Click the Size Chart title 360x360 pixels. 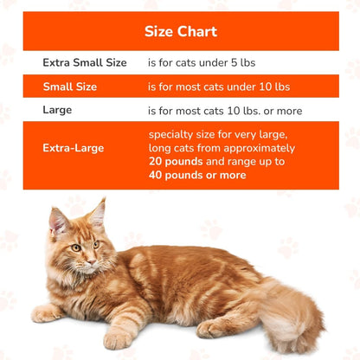(180, 32)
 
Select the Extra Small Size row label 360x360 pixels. (85, 62)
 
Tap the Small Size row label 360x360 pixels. (70, 87)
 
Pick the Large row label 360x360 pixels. (58, 110)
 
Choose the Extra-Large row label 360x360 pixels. (73, 148)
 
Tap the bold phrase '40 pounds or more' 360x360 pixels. (197, 175)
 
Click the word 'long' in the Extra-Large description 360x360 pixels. (160, 148)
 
